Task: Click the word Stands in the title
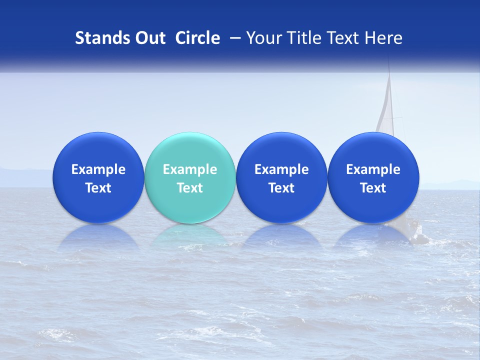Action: click(98, 38)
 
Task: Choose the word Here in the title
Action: click(383, 38)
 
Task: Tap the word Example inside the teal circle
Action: click(190, 169)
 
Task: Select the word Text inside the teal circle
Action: click(190, 188)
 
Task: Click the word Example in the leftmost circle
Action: click(98, 169)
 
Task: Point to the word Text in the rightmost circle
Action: click(373, 188)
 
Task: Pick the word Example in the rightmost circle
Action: click(373, 169)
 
